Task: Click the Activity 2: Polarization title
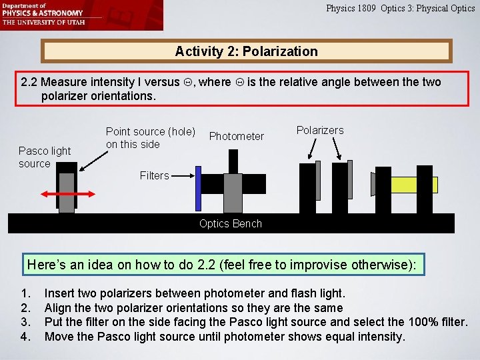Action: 246,51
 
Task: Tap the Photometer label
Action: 237,136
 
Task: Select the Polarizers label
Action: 320,130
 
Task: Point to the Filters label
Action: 154,175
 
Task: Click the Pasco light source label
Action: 44,157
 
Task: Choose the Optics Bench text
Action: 231,223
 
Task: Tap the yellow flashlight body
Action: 413,185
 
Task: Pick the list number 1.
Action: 25,293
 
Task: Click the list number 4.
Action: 25,337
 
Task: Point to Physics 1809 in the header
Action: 351,9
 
